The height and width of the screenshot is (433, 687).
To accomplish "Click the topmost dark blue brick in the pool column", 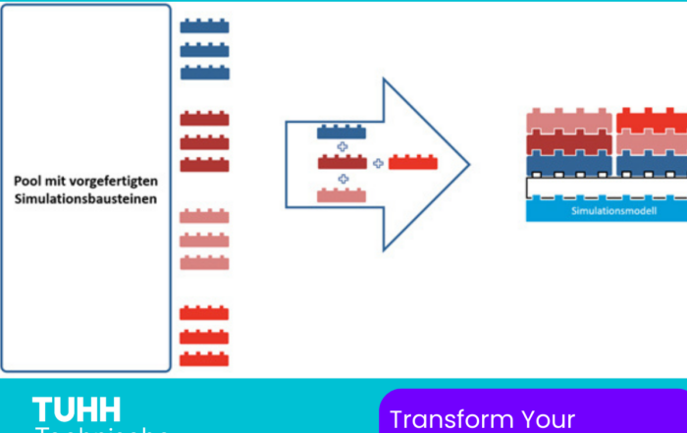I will click(204, 27).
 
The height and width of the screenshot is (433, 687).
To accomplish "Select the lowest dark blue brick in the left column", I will click(204, 73).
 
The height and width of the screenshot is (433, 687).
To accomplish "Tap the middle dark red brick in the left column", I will click(204, 142).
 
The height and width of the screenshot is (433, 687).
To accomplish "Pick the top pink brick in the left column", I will click(204, 216).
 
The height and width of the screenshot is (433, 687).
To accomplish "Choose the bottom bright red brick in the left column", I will click(204, 359).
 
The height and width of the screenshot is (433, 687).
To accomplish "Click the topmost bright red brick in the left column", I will click(204, 313).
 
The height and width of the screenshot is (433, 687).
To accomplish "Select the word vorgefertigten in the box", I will click(127, 182).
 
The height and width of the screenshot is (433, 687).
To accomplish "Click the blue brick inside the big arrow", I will click(342, 132).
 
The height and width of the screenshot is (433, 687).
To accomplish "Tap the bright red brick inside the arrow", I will click(413, 162).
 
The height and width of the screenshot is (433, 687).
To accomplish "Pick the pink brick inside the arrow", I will click(342, 195).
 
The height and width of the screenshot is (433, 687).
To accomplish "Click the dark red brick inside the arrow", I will click(342, 162).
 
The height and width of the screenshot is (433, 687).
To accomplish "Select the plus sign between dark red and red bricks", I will click(378, 163).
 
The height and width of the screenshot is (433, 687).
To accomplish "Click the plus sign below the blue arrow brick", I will click(343, 147).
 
